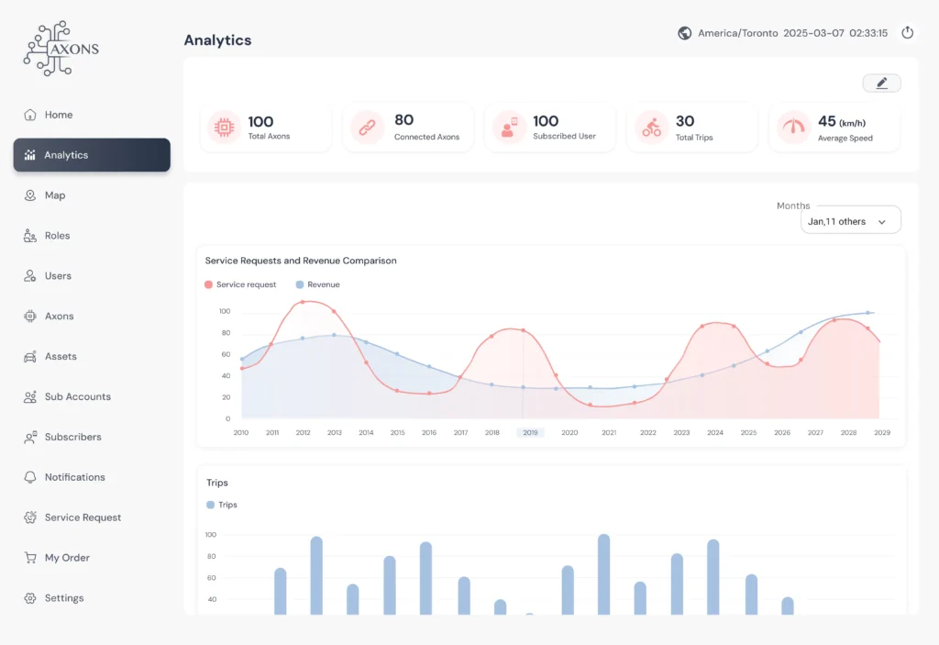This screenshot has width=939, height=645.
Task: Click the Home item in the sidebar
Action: coord(58,115)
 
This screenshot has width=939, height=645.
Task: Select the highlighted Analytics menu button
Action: coord(92,155)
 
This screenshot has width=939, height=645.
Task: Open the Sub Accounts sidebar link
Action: coord(77,396)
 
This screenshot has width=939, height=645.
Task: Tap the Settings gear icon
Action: coord(29,598)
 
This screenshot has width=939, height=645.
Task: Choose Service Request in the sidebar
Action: coord(83,517)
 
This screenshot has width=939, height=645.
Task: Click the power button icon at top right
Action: coord(907,33)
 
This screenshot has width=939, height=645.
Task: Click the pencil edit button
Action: coord(881,83)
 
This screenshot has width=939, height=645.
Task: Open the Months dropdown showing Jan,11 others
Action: coord(850,221)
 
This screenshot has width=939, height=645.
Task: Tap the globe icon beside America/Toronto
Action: coord(684,33)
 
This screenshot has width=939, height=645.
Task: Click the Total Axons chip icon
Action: coord(223,128)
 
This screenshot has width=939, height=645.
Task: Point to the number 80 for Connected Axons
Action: coord(403,120)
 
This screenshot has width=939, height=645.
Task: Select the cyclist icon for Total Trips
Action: coord(651,128)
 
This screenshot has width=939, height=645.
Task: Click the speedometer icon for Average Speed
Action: coord(793,128)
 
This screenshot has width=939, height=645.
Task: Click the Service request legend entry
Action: coord(240,284)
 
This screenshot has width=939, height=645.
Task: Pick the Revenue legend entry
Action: coord(317,284)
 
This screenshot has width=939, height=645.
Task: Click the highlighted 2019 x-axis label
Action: coord(530,432)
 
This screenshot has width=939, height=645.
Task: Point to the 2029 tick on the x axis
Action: coord(881,432)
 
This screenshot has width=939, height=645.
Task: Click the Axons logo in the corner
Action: coord(61,47)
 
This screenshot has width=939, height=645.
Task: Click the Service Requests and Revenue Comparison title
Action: coord(301,261)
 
